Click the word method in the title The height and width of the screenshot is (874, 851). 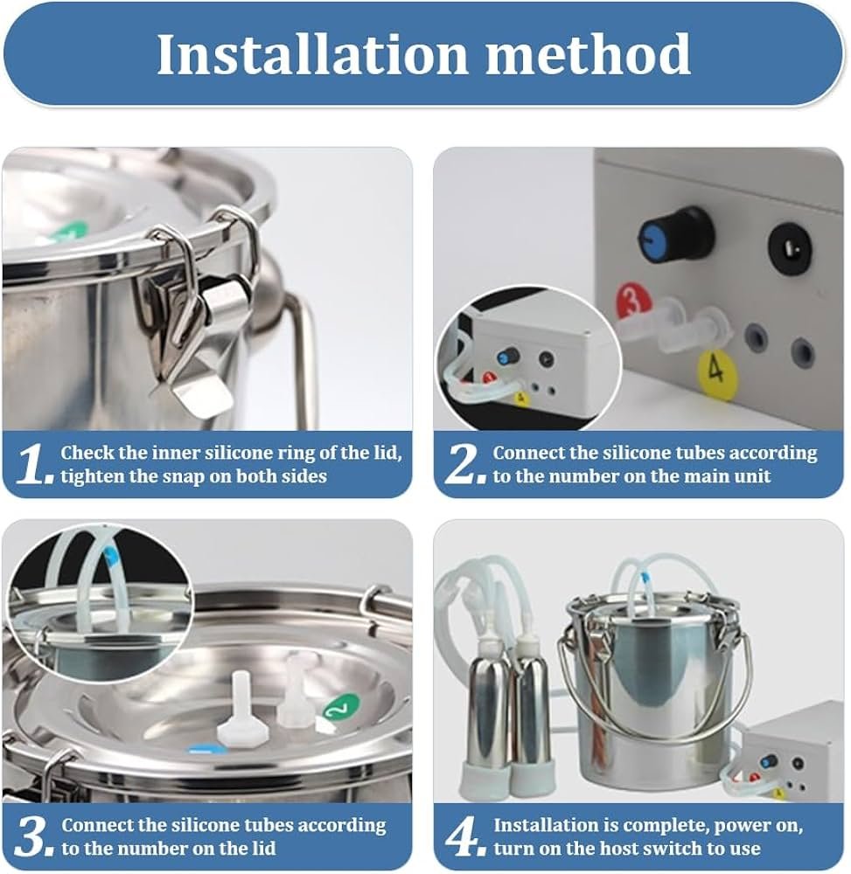[589, 53]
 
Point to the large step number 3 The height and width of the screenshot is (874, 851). [33, 836]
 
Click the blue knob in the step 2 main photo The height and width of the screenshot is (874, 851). [675, 237]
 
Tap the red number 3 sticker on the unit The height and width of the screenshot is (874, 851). [633, 301]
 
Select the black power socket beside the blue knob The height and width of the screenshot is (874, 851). [789, 246]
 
